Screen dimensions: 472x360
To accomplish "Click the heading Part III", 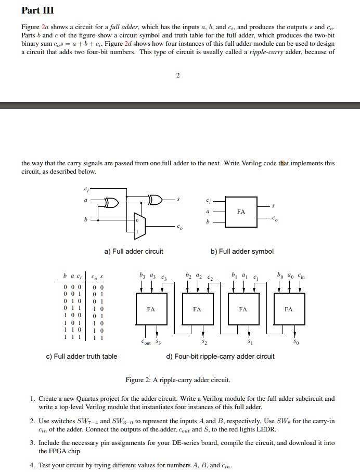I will [x=37, y=10].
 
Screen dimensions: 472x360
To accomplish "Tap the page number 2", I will [x=177, y=76].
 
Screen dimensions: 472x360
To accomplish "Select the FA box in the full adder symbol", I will [x=241, y=212].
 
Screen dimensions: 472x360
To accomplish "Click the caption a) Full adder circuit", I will [x=134, y=252].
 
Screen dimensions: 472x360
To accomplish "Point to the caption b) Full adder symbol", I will [x=242, y=252].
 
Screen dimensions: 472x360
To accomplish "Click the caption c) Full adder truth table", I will [x=82, y=356].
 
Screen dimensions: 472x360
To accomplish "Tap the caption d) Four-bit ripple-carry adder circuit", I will [x=220, y=356].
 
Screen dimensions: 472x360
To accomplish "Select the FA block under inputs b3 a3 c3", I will [x=151, y=309].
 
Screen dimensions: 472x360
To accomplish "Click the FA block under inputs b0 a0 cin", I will [x=289, y=309].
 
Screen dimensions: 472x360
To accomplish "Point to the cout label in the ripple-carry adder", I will [x=147, y=343].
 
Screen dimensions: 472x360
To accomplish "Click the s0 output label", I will [x=295, y=343].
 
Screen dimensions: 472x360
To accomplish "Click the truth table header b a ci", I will [x=73, y=276].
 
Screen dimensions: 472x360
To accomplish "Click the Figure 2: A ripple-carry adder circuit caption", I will [x=177, y=380].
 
